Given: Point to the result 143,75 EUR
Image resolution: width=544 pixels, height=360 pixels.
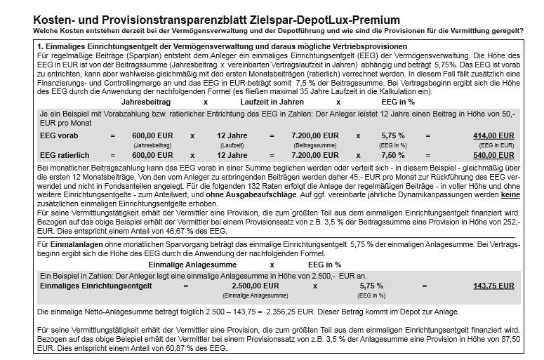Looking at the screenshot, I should point(493,286).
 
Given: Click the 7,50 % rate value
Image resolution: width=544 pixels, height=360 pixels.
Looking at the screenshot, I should point(393,154).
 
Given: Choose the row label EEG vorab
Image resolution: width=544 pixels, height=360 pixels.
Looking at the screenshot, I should point(60,135).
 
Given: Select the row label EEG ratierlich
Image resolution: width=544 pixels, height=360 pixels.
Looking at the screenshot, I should point(67,154).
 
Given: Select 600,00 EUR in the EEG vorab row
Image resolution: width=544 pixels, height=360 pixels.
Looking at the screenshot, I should point(152,135).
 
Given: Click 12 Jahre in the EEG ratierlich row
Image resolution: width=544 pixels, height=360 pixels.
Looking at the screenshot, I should point(232,154).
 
